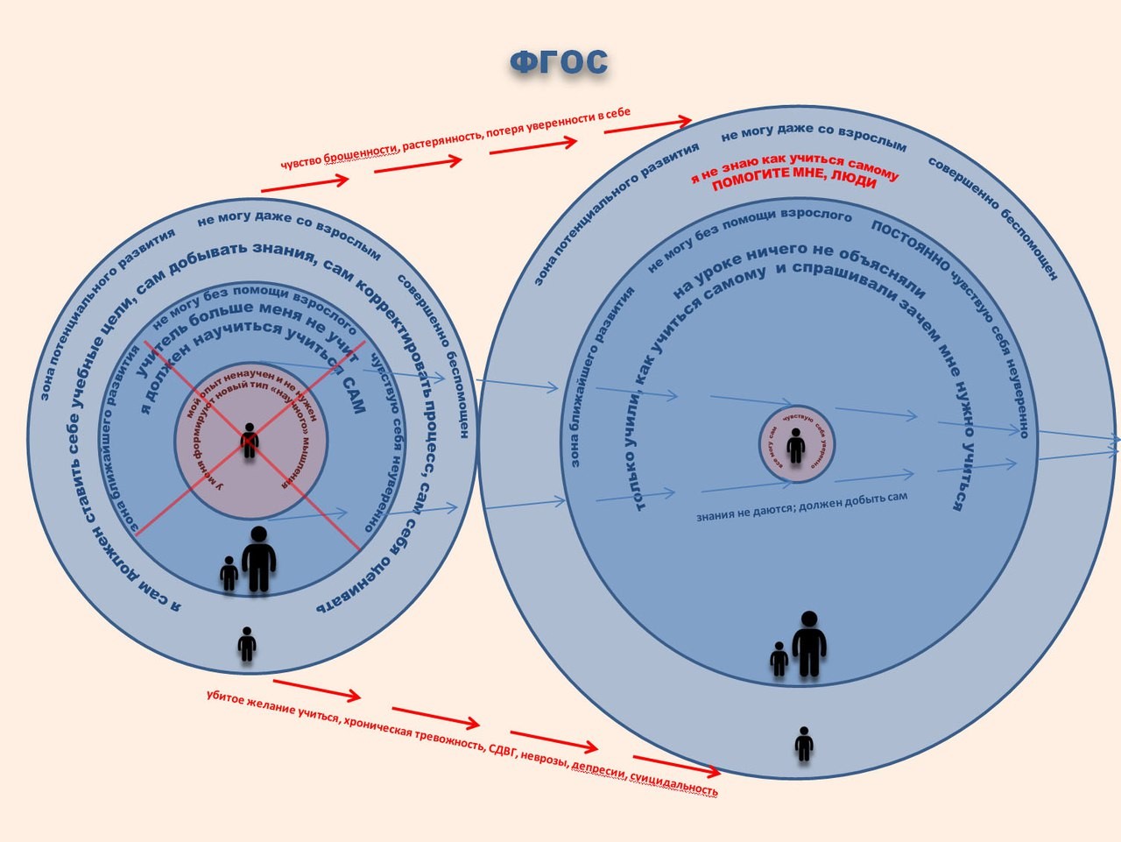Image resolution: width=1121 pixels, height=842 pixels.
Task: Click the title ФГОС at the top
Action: pyautogui.click(x=559, y=63)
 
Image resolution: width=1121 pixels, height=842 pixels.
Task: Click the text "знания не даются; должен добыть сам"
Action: pyautogui.click(x=801, y=506)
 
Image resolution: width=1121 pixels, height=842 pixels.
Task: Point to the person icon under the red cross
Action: pyautogui.click(x=250, y=440)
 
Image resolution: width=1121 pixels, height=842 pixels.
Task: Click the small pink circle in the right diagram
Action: pyautogui.click(x=795, y=444)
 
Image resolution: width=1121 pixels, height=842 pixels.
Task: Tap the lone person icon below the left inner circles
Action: pyautogui.click(x=247, y=644)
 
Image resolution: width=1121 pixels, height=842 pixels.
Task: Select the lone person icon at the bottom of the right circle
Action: pyautogui.click(x=804, y=744)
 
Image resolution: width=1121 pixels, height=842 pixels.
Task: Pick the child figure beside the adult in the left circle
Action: pyautogui.click(x=229, y=574)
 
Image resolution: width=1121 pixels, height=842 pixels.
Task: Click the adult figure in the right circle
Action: pyautogui.click(x=809, y=645)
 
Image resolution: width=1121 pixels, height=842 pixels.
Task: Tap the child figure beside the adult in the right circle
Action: pyautogui.click(x=779, y=659)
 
